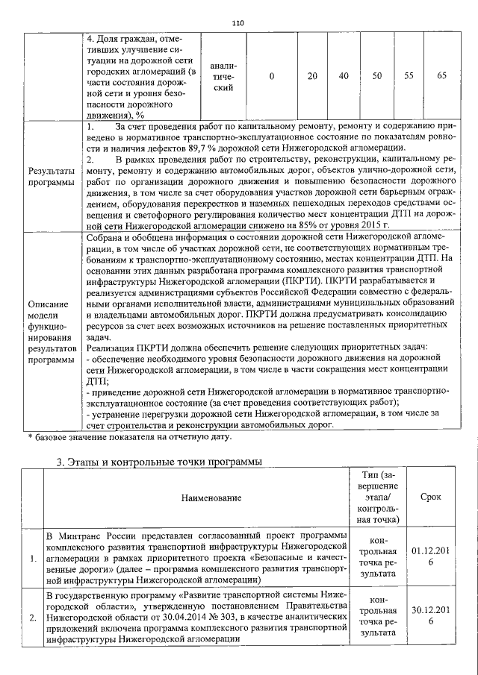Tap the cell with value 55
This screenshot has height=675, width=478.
[x=409, y=75]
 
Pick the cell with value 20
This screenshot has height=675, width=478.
[x=312, y=75]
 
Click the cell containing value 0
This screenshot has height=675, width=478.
[x=271, y=75]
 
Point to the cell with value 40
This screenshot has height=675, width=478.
[x=344, y=75]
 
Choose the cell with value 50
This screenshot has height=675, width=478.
[x=377, y=75]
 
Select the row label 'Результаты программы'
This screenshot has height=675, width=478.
[x=51, y=177]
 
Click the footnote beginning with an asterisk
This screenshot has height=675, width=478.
[x=129, y=436]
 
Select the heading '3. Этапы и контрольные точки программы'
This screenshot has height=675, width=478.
[x=160, y=462]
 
